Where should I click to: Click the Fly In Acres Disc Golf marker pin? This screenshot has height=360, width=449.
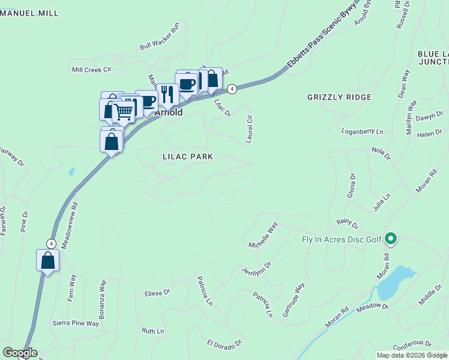(391, 239)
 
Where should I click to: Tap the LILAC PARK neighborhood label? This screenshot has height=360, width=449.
(188, 157)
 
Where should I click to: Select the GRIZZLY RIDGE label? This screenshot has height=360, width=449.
(339, 97)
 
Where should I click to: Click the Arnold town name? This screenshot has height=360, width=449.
(169, 112)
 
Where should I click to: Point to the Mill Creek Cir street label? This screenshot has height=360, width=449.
(92, 70)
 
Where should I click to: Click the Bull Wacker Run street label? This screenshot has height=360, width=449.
(160, 37)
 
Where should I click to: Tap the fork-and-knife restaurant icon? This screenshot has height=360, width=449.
(167, 94)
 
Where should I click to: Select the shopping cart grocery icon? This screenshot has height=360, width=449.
(124, 111)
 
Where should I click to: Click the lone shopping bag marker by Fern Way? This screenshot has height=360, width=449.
(48, 261)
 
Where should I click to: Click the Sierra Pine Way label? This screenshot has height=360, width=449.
(75, 323)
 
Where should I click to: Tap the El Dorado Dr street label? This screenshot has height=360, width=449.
(224, 344)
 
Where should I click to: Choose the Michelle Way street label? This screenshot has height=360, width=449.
(264, 235)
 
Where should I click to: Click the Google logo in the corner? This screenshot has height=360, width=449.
(20, 353)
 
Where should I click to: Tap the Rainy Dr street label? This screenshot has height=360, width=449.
(347, 224)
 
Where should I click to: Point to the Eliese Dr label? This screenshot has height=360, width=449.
(157, 293)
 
